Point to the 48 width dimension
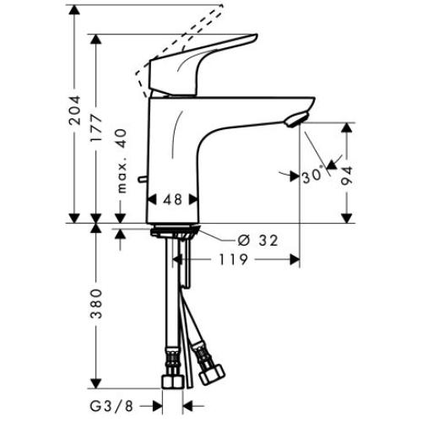tap(172, 201)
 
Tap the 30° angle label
tap(312, 176)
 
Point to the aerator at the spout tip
tap(294, 122)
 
